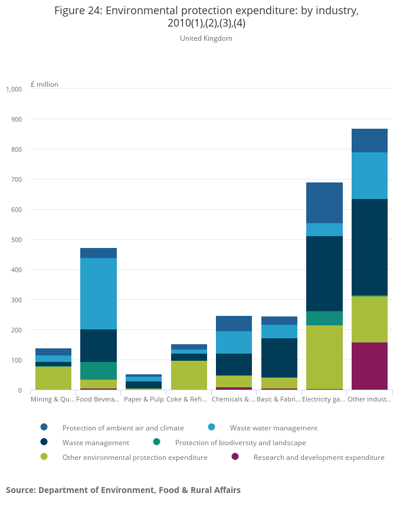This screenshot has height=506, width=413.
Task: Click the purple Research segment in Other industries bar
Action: (x=369, y=365)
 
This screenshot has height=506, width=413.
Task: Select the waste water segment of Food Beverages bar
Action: (x=99, y=293)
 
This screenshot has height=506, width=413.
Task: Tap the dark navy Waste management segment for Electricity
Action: (x=324, y=273)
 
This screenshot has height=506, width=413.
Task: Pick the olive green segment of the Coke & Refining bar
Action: (x=189, y=375)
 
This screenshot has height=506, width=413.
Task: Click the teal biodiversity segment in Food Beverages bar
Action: (x=99, y=370)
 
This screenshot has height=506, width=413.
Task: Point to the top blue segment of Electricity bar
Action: (x=324, y=203)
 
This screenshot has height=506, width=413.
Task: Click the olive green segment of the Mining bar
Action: (x=53, y=378)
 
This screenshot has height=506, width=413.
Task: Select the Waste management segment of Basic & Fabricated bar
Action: (x=279, y=358)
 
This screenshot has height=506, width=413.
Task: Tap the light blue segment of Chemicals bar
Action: (x=234, y=342)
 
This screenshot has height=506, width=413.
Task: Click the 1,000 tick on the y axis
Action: (x=14, y=89)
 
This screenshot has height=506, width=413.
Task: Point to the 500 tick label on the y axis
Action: (x=16, y=240)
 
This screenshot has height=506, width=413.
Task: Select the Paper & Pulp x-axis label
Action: (x=143, y=400)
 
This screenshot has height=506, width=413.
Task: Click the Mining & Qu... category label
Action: (x=52, y=400)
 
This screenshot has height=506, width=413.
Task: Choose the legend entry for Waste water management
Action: (x=273, y=427)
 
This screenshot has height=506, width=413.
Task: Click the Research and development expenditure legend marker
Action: (x=235, y=457)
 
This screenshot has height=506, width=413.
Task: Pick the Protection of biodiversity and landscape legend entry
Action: (x=240, y=442)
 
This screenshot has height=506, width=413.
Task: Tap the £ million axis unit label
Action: (x=44, y=84)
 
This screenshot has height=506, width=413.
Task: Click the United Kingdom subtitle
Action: (x=206, y=38)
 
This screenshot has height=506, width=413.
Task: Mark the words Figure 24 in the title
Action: (x=77, y=11)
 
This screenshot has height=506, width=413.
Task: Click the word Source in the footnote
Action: (x=20, y=490)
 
